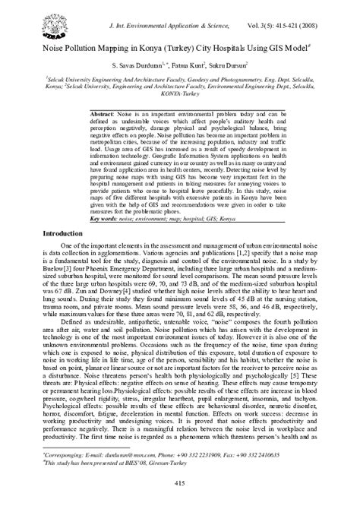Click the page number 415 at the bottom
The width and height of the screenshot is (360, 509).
pos(180,483)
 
